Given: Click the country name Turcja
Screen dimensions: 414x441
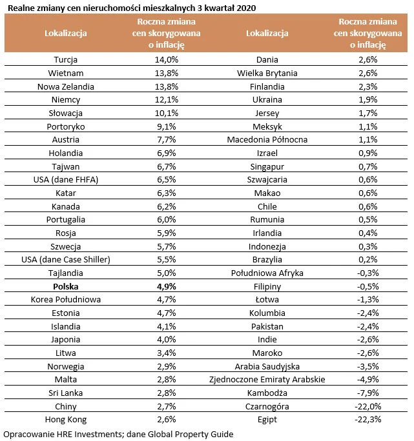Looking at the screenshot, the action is (66, 59).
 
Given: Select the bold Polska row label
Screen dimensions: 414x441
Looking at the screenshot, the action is (66, 287).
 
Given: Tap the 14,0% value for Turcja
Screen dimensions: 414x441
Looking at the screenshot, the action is (166, 59).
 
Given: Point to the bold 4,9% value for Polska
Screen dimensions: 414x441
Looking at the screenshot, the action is (166, 287).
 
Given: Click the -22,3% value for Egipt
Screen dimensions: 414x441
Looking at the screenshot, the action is (367, 419).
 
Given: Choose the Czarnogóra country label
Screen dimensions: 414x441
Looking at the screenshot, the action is (267, 406).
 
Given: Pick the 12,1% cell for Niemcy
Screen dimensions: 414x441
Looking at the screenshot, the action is (166, 99).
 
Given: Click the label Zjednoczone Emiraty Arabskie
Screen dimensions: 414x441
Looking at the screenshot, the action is (267, 379).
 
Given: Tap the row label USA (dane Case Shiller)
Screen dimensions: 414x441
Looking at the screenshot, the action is (66, 259).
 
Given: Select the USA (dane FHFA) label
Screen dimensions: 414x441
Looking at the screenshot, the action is (66, 179).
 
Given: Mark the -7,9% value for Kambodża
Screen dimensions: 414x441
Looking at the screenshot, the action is (367, 393).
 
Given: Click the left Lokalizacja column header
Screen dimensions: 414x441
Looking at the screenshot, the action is (66, 33).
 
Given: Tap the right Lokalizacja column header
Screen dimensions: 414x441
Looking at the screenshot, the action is (267, 33).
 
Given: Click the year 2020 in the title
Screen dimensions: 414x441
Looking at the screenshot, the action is (246, 8).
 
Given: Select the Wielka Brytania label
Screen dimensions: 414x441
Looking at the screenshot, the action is (267, 73).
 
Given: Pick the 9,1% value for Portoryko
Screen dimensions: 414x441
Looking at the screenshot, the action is (166, 126).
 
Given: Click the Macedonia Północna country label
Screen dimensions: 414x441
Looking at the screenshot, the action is (267, 139).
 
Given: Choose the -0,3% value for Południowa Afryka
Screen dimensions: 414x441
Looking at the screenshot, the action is (367, 273).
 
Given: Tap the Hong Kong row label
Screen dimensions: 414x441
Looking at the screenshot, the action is (66, 420).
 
